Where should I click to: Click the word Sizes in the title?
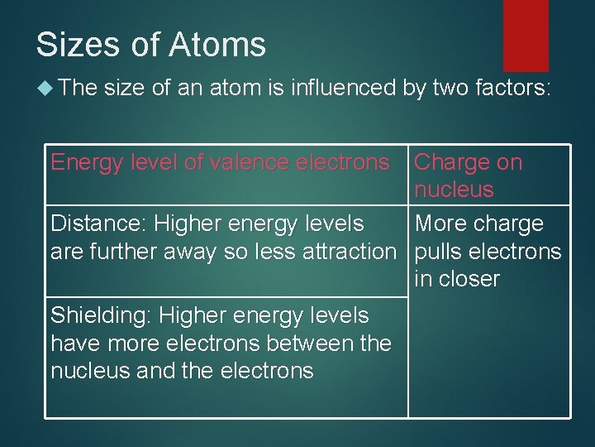73,44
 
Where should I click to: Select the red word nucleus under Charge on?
454,190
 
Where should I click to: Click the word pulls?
440,251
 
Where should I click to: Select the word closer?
469,279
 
